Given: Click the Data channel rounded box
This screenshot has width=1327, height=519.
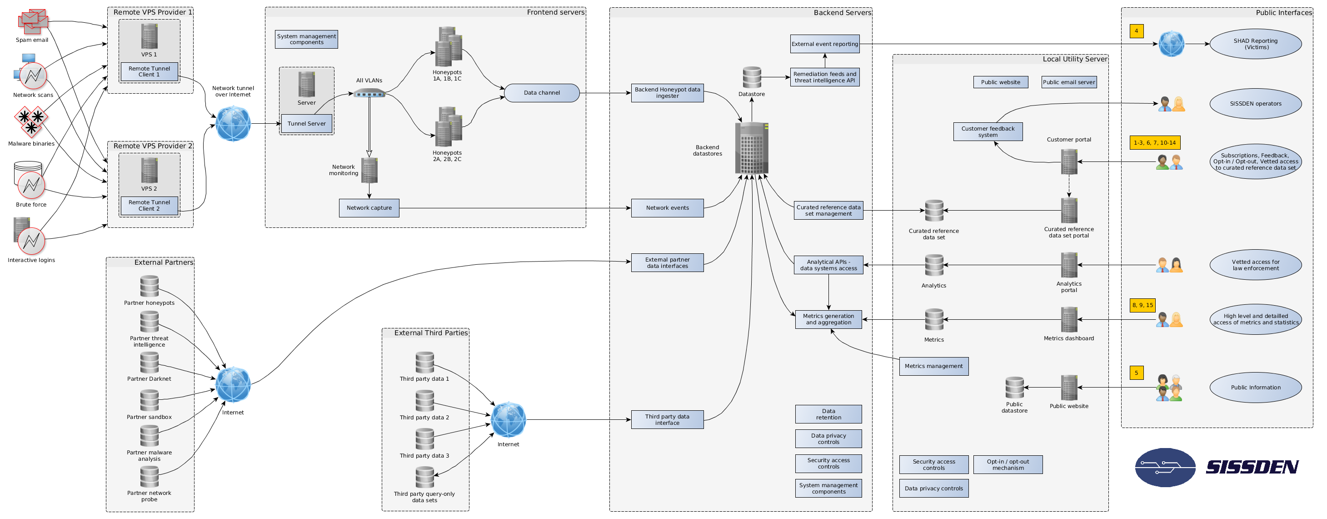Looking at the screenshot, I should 541,93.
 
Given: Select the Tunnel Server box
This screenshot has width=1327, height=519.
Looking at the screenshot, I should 306,124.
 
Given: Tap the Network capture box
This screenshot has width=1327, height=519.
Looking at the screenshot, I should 369,208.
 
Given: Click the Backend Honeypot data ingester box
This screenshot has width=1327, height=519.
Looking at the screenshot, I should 667,93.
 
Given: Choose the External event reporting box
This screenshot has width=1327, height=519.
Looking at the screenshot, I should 825,44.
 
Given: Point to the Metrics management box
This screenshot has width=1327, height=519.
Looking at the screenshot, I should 933,366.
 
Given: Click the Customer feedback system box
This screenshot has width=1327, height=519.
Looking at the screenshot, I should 988,131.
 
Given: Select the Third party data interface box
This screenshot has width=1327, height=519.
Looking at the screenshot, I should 667,419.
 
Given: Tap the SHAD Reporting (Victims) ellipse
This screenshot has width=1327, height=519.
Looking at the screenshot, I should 1255,44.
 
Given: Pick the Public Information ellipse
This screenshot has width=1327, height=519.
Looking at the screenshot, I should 1255,388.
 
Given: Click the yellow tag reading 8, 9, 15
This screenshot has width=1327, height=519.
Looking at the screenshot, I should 1142,305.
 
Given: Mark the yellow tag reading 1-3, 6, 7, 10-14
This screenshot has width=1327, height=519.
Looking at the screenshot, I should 1154,143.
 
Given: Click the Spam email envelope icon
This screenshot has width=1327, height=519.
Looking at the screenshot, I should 32,20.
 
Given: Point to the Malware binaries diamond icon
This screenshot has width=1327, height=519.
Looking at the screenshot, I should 31,121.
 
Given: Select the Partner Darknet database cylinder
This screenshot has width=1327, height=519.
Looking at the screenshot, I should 150,363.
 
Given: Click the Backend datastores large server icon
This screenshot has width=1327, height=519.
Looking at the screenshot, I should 752,148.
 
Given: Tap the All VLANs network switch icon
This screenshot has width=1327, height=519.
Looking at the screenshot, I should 369,93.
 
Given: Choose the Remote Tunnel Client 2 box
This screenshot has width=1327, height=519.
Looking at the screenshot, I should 150,206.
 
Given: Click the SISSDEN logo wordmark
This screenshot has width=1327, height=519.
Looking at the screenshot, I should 1252,467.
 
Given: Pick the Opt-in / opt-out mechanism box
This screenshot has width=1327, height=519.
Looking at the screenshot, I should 1008,464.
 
